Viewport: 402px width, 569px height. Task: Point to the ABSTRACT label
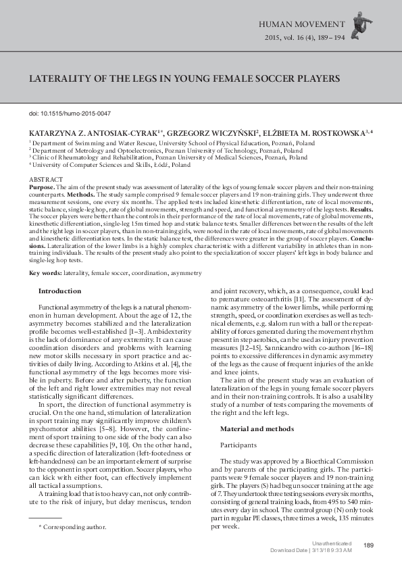pyautogui.click(x=44, y=178)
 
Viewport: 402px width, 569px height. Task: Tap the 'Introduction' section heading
pyautogui.click(x=59, y=291)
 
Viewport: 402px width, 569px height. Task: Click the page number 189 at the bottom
pyautogui.click(x=368, y=545)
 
